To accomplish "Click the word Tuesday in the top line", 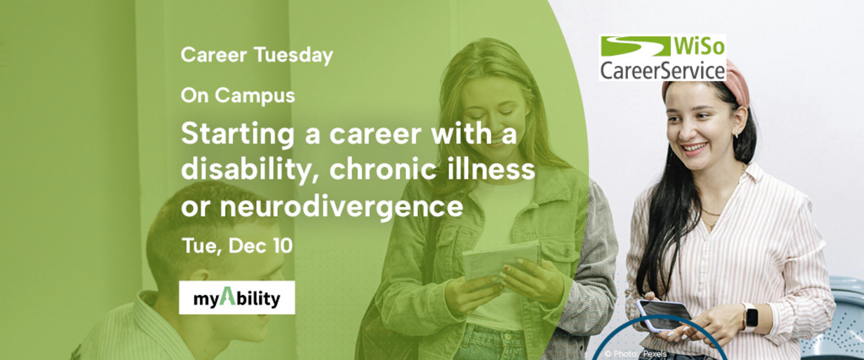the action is click(293, 56).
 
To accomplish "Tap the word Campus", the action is click(254, 95).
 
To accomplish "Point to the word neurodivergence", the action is click(341, 207).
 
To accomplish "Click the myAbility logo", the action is click(237, 298).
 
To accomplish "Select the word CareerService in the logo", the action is click(662, 71).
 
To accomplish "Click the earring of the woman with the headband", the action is click(736, 133).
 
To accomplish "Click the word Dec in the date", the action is click(247, 246).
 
